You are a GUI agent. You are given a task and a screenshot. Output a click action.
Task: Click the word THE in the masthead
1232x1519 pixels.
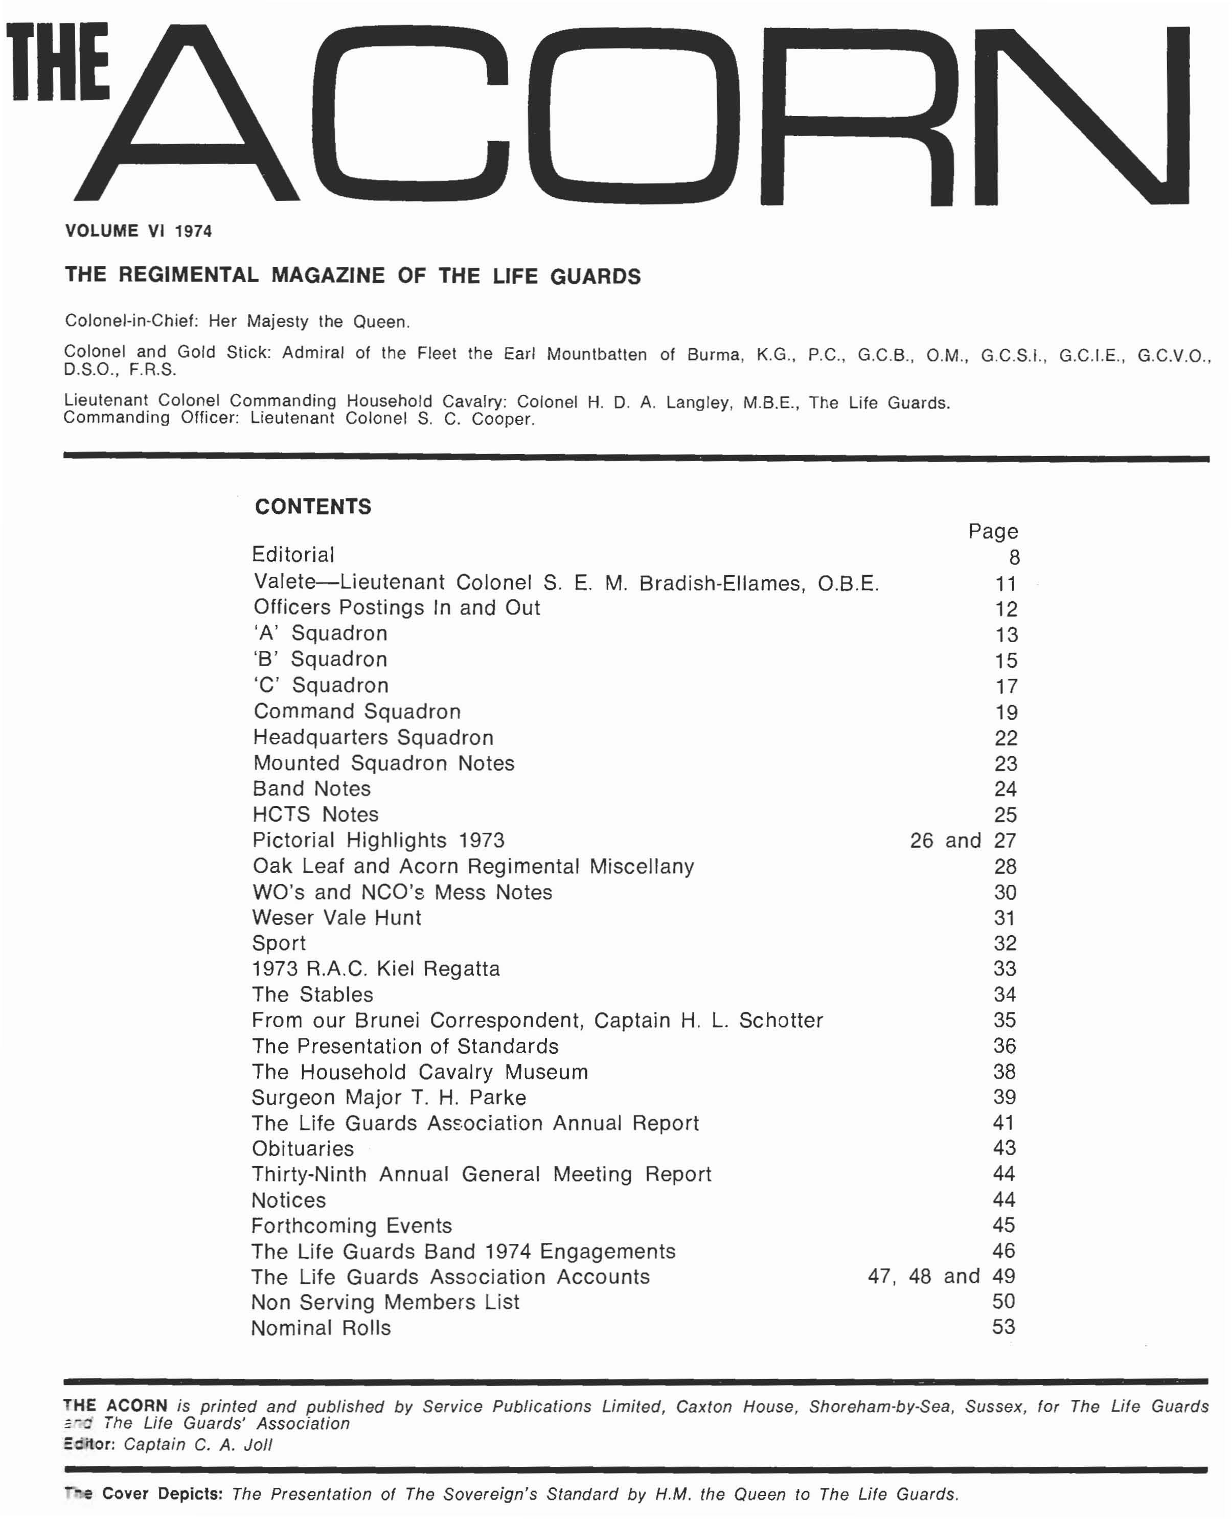59,62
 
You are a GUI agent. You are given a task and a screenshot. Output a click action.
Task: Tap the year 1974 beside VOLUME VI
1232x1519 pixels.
193,232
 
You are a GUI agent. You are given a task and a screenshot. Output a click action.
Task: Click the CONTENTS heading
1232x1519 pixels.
313,507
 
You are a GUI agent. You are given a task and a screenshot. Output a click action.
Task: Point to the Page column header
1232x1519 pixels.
993,532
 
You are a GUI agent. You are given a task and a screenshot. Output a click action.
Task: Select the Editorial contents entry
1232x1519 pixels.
293,555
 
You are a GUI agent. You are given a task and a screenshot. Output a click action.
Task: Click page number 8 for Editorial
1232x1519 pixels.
1014,558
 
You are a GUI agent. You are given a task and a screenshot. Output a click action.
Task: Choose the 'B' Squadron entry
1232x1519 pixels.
320,660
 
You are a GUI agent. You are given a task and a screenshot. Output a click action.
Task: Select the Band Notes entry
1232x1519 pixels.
311,788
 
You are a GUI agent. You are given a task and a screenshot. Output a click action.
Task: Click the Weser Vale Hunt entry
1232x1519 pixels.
336,918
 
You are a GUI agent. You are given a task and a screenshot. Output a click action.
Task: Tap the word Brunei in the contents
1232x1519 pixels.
387,1021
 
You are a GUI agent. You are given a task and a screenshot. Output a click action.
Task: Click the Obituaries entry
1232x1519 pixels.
302,1148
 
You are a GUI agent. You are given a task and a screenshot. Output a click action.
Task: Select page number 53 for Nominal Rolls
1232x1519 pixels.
1003,1327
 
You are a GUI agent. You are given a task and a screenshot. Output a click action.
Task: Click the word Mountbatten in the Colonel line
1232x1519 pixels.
596,354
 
